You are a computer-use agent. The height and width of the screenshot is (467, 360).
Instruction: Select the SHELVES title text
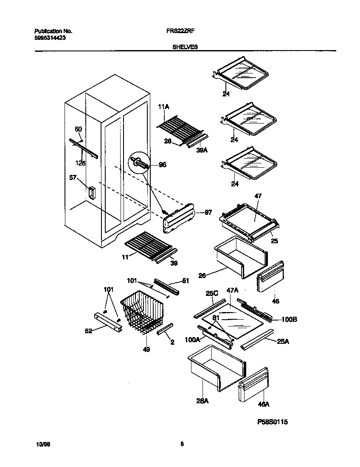[185, 47]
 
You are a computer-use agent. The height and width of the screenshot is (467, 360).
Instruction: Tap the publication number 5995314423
[50, 38]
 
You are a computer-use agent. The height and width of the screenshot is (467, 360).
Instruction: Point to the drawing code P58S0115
[275, 422]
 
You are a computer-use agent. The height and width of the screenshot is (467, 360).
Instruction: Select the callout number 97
[208, 212]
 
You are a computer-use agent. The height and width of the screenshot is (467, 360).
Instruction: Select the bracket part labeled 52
[108, 323]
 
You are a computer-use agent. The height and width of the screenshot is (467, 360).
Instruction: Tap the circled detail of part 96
[141, 163]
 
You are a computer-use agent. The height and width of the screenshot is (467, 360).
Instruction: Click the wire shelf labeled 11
[146, 244]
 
